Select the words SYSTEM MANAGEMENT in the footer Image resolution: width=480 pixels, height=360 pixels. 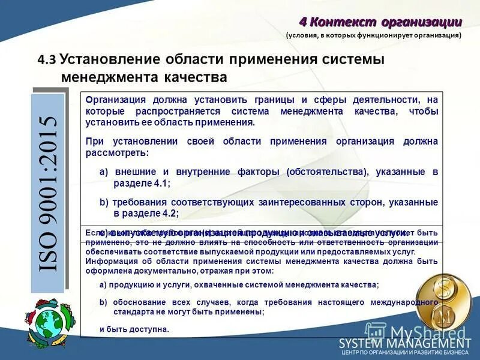pos(404,343)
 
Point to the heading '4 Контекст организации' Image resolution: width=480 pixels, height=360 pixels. pos(380,22)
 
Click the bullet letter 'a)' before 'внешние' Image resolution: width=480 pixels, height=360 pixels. pos(103,172)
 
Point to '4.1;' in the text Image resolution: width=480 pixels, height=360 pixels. pos(160,184)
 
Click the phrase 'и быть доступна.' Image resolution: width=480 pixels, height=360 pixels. pos(134,329)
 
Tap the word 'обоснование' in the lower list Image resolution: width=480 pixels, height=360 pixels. pos(139,302)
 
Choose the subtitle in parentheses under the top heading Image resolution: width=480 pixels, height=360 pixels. pos(373,35)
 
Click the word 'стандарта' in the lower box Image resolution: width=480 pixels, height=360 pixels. pos(134,312)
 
